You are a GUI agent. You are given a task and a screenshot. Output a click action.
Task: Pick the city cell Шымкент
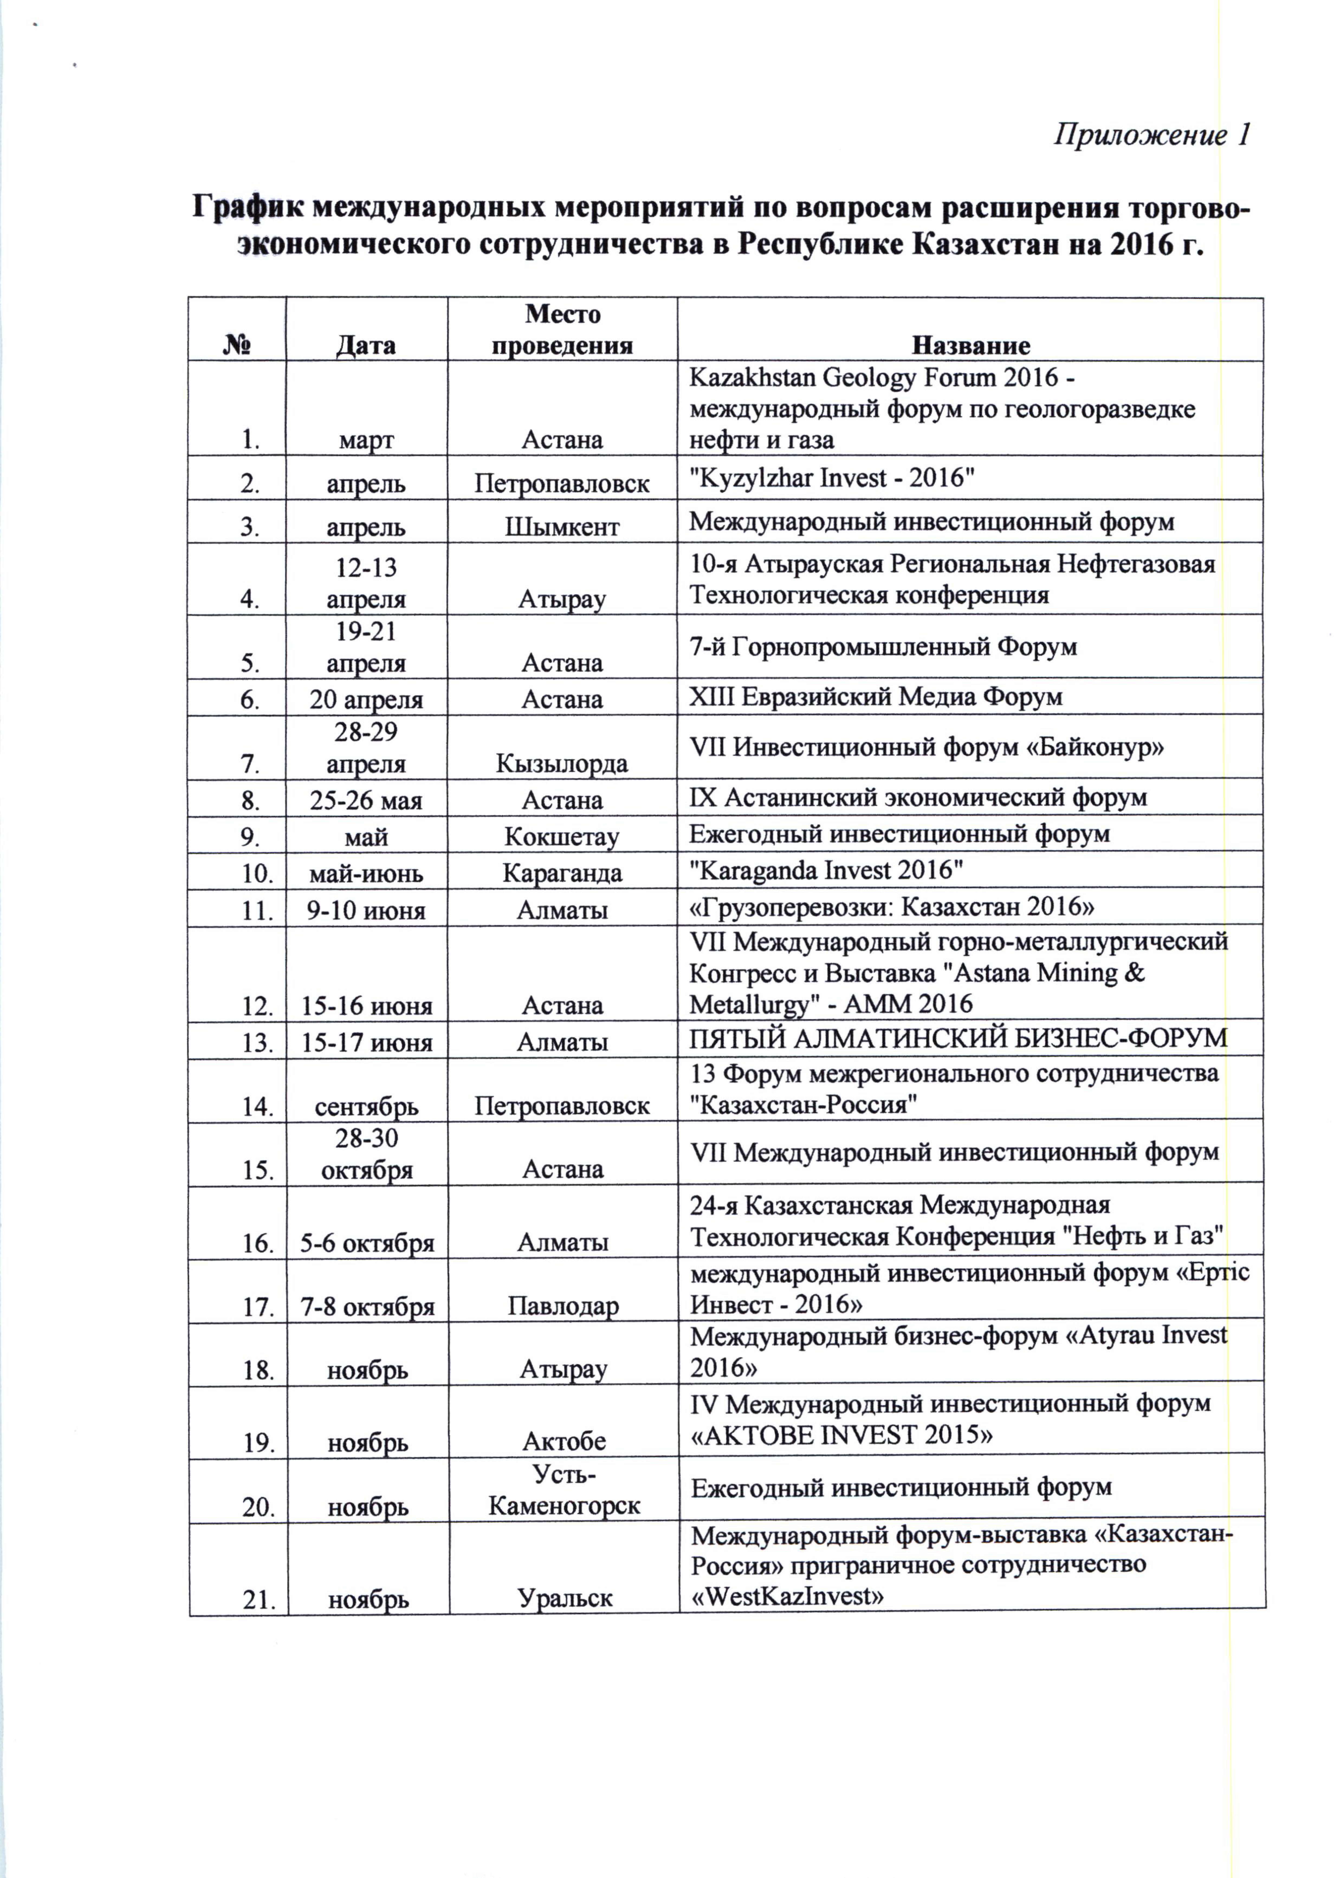click(563, 527)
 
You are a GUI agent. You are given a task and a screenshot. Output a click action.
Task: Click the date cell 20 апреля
click(366, 699)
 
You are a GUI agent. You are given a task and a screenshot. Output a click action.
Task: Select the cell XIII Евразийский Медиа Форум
click(876, 697)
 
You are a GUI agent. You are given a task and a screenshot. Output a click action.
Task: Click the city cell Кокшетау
click(563, 836)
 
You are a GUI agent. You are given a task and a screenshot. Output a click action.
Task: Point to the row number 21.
click(258, 1599)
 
